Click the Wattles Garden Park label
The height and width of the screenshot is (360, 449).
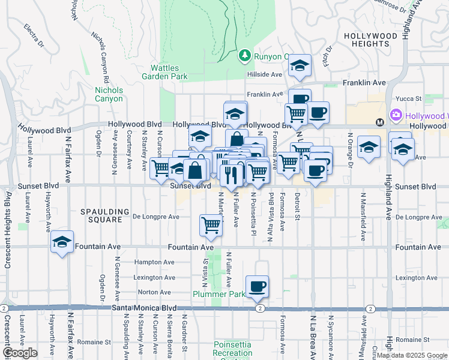(165, 72)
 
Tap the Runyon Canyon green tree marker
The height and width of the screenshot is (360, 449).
(245, 56)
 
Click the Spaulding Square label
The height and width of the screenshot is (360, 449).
(105, 212)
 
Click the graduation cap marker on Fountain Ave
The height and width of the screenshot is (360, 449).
(62, 242)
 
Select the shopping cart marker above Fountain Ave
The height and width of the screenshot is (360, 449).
(211, 225)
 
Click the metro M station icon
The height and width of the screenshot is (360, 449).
(379, 122)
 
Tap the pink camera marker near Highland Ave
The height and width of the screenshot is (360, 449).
(395, 115)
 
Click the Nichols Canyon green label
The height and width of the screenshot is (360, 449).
(109, 94)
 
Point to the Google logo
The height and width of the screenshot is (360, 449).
(20, 353)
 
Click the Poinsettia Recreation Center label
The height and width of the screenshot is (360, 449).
(232, 349)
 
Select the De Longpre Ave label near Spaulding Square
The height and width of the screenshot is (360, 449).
(156, 217)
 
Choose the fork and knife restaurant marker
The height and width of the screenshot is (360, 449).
(232, 174)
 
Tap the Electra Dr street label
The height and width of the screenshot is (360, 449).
(34, 35)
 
